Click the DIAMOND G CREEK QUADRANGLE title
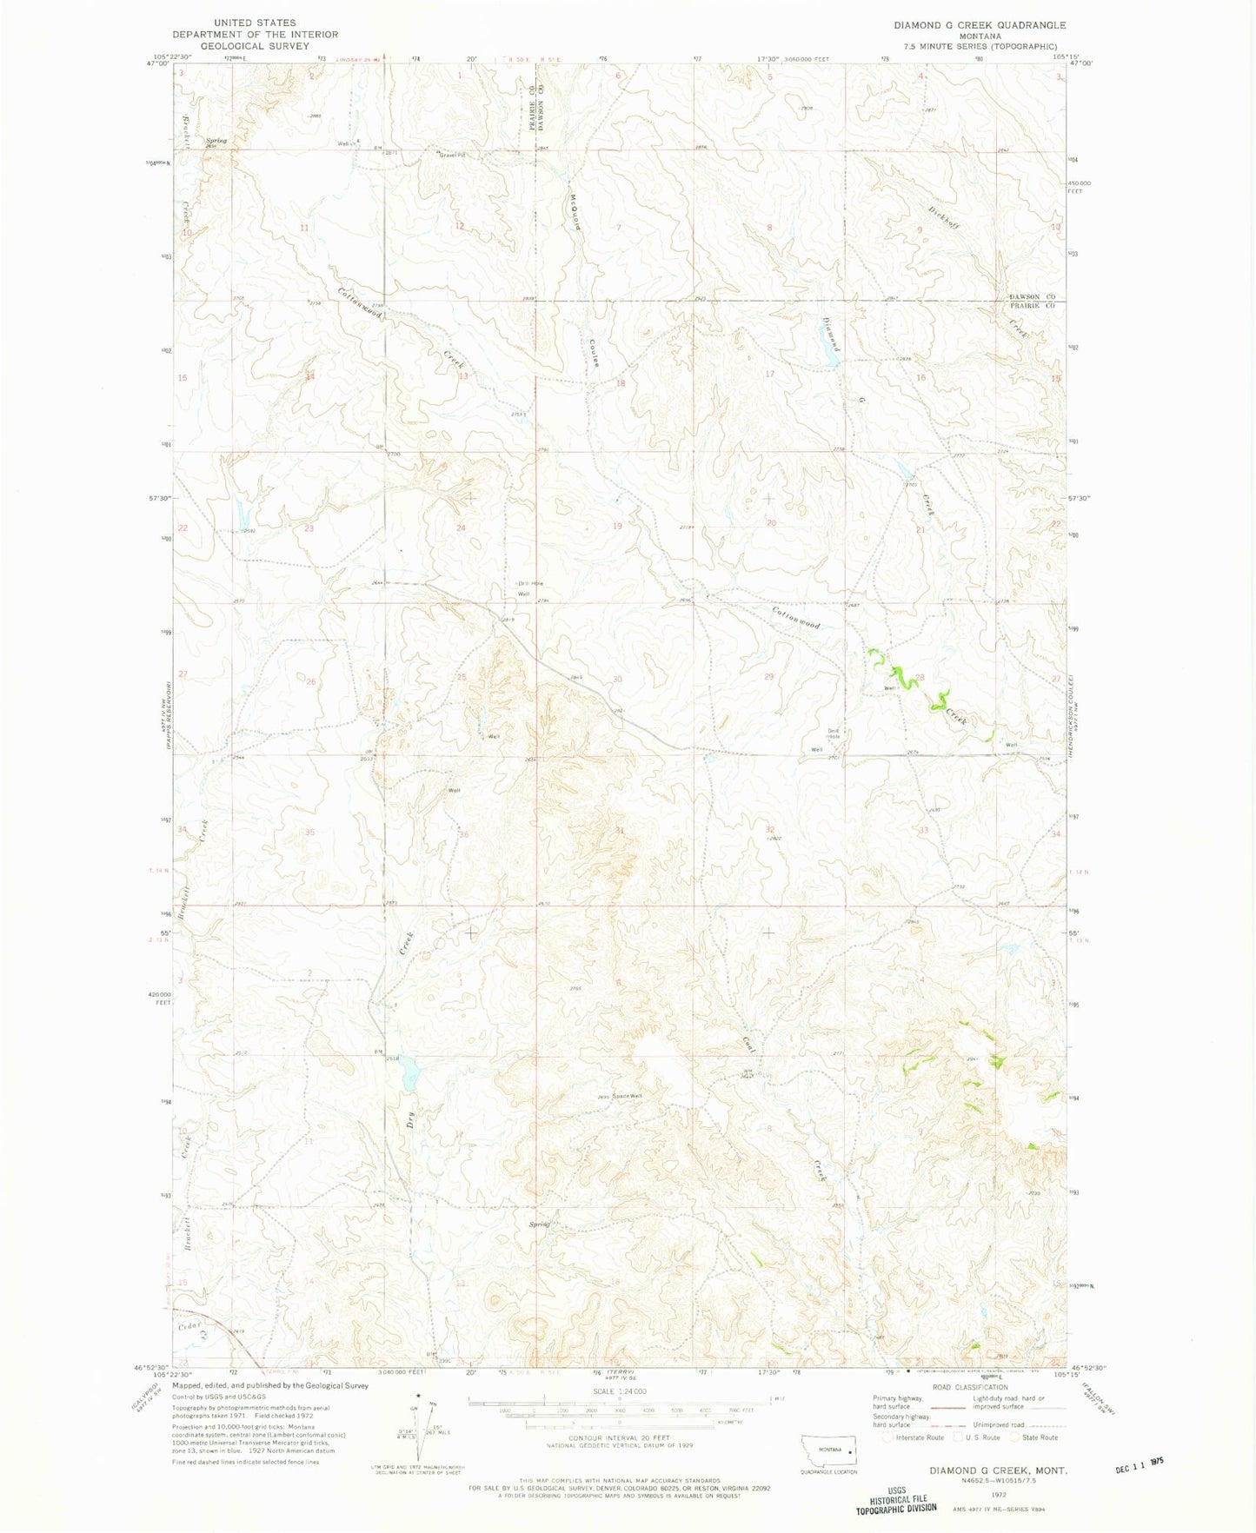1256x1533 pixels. (x=980, y=25)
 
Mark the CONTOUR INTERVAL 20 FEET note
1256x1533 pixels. (x=618, y=1438)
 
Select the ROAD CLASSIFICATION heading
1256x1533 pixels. (x=971, y=1388)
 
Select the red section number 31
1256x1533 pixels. (x=620, y=831)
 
